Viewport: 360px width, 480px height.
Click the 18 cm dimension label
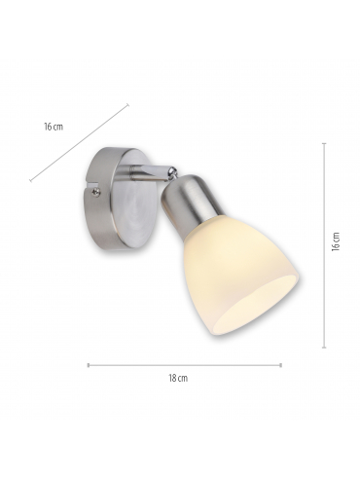[x=178, y=378]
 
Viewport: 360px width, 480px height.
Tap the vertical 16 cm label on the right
[x=336, y=241]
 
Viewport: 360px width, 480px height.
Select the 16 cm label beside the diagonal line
[x=54, y=127]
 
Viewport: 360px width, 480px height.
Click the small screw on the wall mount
[x=96, y=192]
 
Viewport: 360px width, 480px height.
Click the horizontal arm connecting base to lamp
[x=148, y=171]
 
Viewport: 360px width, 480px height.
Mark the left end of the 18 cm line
[x=89, y=365]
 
